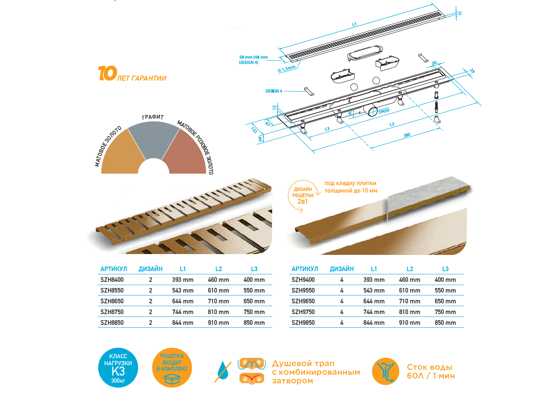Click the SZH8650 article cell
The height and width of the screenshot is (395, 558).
coord(112,301)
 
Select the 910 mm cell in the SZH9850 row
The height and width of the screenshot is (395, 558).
coord(410,323)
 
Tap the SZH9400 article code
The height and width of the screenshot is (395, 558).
coord(303,280)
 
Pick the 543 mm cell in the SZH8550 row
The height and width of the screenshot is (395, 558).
coord(183,290)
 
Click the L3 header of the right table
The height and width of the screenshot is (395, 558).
coord(445,269)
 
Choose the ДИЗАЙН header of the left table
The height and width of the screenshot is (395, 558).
coord(150,269)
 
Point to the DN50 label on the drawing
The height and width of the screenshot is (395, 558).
coord(384,111)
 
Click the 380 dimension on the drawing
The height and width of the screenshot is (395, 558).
coord(407,135)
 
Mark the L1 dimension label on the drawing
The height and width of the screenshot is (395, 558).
coord(354,24)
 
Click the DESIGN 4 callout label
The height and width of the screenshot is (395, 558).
coord(274,91)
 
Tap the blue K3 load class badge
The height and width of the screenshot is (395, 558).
coord(118,368)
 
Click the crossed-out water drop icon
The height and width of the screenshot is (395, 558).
coord(223,371)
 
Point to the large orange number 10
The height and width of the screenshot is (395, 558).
coord(107,73)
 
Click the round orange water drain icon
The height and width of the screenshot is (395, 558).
coord(385,371)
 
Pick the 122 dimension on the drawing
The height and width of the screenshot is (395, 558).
coord(254,130)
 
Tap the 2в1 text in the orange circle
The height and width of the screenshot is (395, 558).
coord(303,201)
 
